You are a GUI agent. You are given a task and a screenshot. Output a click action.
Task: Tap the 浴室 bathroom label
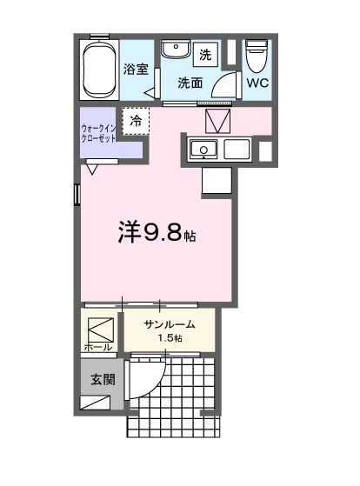[x=136, y=69]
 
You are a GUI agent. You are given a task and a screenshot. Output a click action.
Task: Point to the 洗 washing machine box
[x=205, y=55]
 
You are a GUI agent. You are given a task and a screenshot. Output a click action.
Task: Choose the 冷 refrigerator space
[x=137, y=121]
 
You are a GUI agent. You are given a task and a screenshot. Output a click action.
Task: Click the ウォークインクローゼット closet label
[x=100, y=131]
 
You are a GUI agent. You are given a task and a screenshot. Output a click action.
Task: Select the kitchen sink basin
[x=204, y=150]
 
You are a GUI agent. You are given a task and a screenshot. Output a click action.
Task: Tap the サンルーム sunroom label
[x=170, y=324]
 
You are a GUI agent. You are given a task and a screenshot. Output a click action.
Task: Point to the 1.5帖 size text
[x=170, y=337]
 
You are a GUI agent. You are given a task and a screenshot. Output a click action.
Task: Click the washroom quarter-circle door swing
[x=223, y=83]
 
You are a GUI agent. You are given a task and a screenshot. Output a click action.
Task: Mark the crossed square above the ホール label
[x=100, y=329]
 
